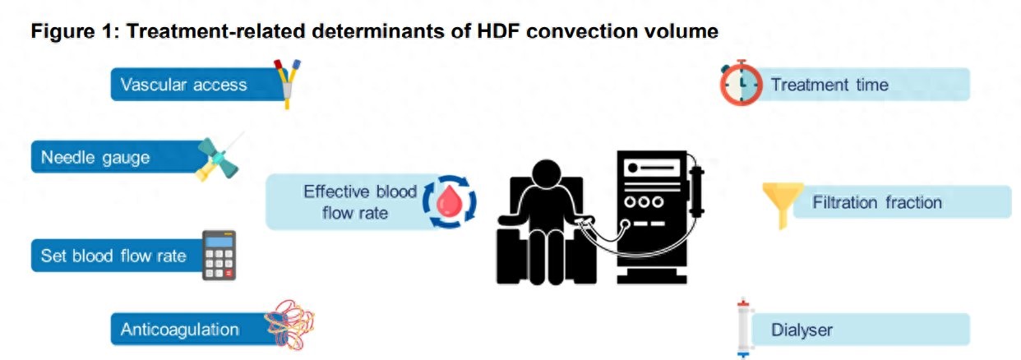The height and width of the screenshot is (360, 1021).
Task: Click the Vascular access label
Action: [x=183, y=85]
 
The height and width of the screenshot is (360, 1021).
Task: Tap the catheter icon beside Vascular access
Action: [x=288, y=85]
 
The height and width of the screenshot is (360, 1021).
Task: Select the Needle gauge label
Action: [x=95, y=158]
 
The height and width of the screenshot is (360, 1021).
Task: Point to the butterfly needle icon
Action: [x=218, y=158]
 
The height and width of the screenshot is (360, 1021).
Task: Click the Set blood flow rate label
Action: [x=113, y=256]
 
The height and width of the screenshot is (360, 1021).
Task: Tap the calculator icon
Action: [x=219, y=255]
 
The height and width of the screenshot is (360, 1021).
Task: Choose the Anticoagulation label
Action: [x=179, y=330]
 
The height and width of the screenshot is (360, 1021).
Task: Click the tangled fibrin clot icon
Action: [x=290, y=325]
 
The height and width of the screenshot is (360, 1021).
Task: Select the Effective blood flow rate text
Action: [x=360, y=202]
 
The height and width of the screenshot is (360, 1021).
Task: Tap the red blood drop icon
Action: [x=450, y=201]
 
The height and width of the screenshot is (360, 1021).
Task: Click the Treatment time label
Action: [x=829, y=85]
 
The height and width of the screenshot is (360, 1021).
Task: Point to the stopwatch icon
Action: [x=741, y=83]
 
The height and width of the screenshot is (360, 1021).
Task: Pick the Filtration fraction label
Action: [x=877, y=202]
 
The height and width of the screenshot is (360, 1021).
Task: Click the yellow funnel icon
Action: [x=783, y=201]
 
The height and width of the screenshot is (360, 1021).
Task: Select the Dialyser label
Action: [x=802, y=330]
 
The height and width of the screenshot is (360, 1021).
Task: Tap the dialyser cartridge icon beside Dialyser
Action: [x=743, y=328]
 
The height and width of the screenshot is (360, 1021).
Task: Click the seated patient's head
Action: [x=547, y=173]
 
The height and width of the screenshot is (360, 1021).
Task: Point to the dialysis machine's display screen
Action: [x=652, y=168]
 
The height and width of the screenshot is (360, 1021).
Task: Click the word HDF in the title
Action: [x=498, y=31]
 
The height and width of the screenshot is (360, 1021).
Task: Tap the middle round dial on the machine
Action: [x=644, y=202]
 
